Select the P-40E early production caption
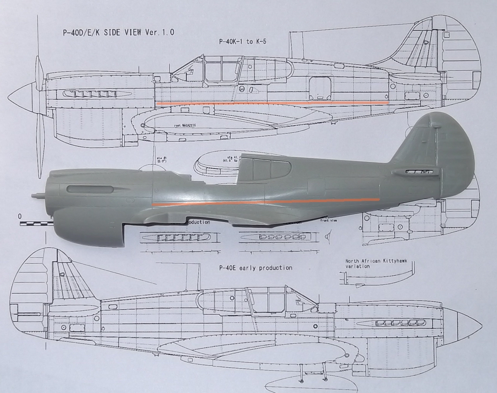point(256,268)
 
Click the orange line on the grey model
point(265,203)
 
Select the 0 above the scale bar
point(20,216)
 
